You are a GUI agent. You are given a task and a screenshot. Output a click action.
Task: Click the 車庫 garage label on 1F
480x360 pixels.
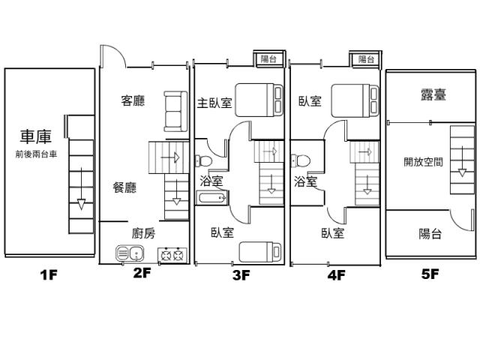pos(36,136)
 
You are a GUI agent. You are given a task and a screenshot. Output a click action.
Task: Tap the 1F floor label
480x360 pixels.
pos(49,275)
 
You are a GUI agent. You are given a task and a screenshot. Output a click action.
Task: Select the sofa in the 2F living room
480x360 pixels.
pos(175,112)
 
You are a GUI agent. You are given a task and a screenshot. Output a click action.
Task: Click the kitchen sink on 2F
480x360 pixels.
pos(130,253)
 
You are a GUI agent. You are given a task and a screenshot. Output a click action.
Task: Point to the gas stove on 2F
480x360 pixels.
pos(172,255)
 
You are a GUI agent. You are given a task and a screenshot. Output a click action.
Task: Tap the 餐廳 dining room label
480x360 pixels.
pos(124,187)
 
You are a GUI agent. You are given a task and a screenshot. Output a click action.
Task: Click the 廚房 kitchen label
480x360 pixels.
pos(143,233)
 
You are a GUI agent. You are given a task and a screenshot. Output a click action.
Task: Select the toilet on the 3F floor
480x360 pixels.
pos(203,160)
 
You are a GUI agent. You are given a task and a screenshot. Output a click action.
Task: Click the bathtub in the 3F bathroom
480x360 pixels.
pos(212,197)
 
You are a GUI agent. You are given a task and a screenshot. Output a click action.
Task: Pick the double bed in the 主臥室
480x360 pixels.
pos(259,100)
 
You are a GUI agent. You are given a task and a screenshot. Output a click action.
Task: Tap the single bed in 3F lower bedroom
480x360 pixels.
pos(260,252)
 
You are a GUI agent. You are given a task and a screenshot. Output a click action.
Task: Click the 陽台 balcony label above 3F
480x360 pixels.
pos(268,58)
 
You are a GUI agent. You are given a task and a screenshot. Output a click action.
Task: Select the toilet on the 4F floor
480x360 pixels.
pos(300,160)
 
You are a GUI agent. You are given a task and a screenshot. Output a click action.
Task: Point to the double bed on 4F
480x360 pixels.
pos(355,100)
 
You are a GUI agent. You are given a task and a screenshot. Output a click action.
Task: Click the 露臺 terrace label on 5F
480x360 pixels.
pos(433,94)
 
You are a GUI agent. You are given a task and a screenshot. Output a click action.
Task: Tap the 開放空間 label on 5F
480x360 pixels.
pos(423,162)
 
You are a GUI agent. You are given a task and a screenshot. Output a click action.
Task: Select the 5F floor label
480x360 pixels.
pos(430,274)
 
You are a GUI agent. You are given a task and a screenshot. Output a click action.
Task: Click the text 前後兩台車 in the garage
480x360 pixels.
pos(36,154)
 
